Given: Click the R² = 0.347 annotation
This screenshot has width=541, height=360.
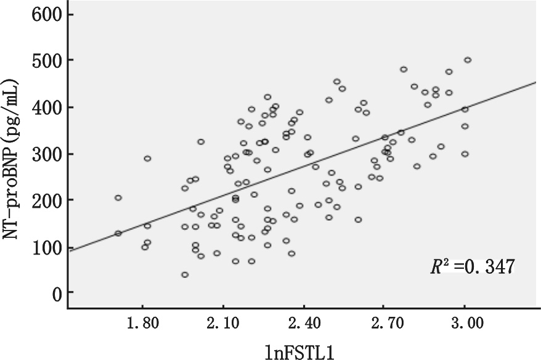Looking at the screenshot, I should coord(471,267).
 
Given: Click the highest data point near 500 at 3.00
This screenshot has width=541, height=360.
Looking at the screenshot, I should coord(467,60).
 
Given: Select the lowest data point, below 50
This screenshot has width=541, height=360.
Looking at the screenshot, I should coord(185,274).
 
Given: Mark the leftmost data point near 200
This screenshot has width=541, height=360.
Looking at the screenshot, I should coord(118,198).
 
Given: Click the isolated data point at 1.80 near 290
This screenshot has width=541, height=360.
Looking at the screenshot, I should coord(147,158).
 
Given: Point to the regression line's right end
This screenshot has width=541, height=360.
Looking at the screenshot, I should coord(536,81).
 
